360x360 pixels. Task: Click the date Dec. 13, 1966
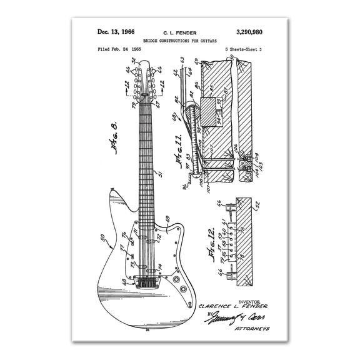(x=116, y=31)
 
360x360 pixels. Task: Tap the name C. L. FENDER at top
(x=179, y=31)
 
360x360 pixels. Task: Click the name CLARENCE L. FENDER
(x=232, y=306)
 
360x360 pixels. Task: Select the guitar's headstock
(x=146, y=80)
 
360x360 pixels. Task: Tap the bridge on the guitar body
(x=146, y=281)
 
